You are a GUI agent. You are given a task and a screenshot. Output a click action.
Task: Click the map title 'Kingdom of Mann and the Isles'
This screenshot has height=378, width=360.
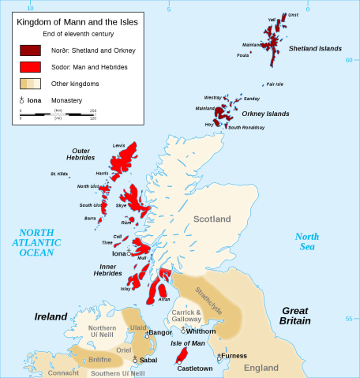[77, 22]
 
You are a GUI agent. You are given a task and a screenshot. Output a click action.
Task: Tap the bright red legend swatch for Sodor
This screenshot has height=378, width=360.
[31, 66]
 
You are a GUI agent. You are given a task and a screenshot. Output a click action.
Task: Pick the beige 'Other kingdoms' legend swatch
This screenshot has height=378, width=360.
[31, 82]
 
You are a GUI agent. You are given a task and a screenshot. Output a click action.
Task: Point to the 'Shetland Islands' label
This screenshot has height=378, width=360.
[315, 49]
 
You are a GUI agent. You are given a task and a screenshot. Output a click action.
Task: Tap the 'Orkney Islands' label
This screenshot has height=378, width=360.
[265, 114]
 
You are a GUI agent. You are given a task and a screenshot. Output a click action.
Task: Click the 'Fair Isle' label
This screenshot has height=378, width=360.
[275, 84]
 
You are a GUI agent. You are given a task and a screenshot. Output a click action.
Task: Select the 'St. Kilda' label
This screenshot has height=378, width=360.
[59, 174]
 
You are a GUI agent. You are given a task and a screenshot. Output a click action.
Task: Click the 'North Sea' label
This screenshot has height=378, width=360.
[307, 241]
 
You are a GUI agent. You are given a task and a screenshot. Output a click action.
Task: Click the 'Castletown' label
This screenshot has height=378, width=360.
[194, 368]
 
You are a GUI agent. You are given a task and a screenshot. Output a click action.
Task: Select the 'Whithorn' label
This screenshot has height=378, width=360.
[201, 331]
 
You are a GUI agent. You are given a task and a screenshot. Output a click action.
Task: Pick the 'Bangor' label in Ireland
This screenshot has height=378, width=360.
[160, 333]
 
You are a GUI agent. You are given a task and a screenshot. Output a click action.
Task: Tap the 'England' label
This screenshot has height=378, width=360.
[261, 368]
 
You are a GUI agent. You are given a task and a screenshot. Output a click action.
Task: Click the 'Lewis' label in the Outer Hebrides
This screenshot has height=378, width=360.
[119, 146]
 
